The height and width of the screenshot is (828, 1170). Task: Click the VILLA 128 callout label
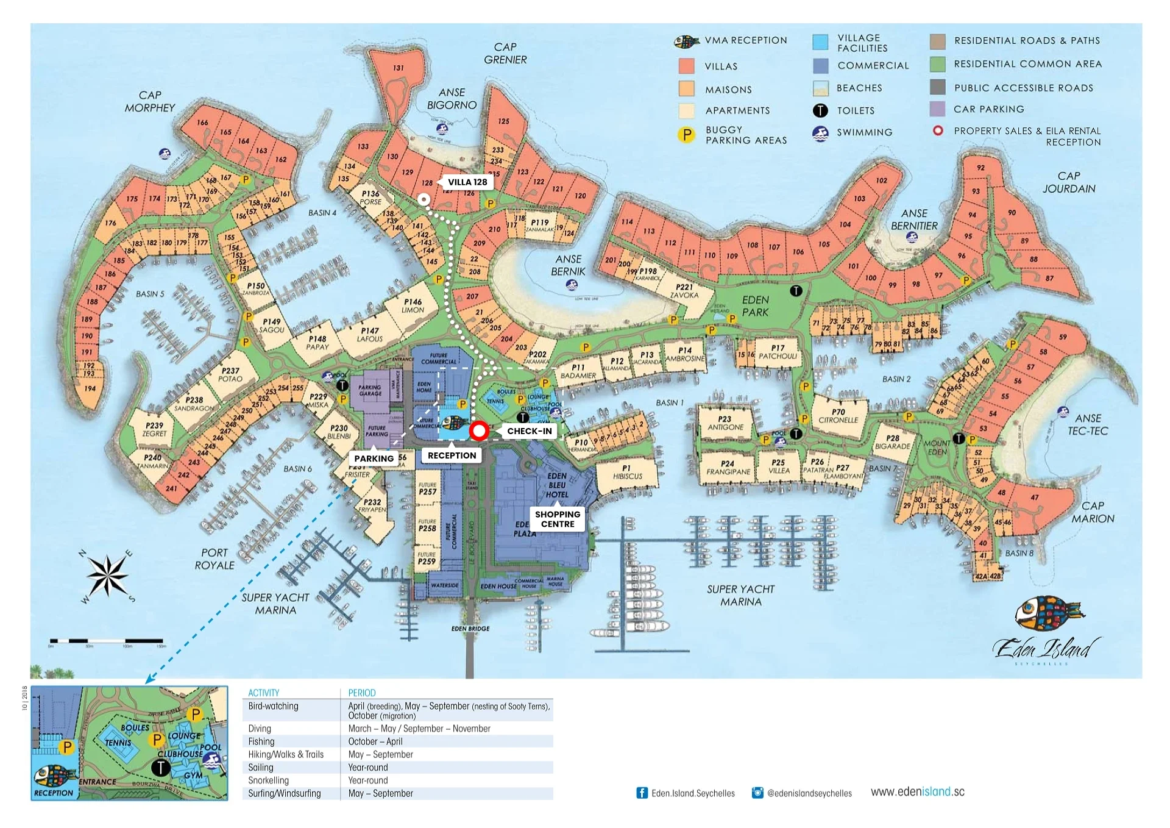coord(467,182)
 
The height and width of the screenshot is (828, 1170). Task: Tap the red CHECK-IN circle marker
coord(479,431)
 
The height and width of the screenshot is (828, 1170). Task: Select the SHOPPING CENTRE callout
coord(557,519)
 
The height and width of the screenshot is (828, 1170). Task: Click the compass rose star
coord(107,575)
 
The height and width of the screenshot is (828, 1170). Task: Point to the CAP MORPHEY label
coord(149,101)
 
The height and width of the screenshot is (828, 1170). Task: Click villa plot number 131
coord(398,68)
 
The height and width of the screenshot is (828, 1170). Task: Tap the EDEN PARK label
coord(755,306)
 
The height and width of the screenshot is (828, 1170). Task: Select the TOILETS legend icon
coord(820,110)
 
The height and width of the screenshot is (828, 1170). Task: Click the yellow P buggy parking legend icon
coord(686,135)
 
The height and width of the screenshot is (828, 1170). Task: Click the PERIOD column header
coord(361,693)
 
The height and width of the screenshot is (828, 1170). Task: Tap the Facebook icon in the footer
coord(642,793)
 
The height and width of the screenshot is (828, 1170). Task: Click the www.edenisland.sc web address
coord(917,791)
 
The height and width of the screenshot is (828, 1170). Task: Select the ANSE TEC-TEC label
coord(1087,424)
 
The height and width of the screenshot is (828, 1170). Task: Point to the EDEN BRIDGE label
coord(470,629)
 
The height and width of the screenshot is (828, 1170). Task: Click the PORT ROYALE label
coord(214,559)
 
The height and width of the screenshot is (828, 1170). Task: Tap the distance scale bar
coord(107,641)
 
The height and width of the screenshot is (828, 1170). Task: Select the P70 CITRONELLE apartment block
coord(838,416)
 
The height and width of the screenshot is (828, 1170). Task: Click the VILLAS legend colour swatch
coord(686,66)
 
